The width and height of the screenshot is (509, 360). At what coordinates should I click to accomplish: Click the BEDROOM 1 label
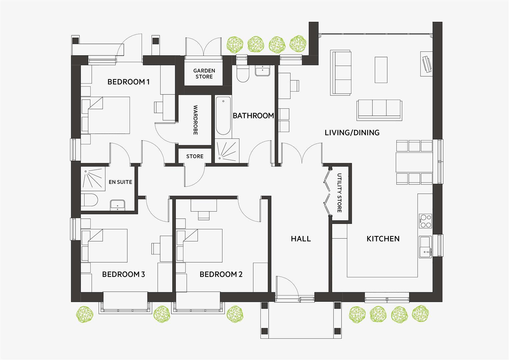coord(129,82)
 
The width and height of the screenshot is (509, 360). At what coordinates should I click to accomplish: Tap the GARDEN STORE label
coord(204,74)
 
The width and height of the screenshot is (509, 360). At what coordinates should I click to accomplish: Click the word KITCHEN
coord(383,239)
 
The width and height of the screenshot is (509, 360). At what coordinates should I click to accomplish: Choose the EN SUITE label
coord(120,182)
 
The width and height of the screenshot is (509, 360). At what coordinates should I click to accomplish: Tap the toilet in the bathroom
coord(243,73)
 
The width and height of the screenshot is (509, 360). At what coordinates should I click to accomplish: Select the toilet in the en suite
coord(90,201)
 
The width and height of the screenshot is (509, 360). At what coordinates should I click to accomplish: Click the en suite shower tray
coord(93,179)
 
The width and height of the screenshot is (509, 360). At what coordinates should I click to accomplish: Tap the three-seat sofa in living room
coord(379,109)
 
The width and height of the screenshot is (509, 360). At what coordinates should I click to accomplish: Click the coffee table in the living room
coord(381,70)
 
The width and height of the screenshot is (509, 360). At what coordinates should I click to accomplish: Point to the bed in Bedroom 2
coord(203,246)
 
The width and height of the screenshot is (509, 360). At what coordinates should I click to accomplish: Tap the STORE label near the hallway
coord(195,156)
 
